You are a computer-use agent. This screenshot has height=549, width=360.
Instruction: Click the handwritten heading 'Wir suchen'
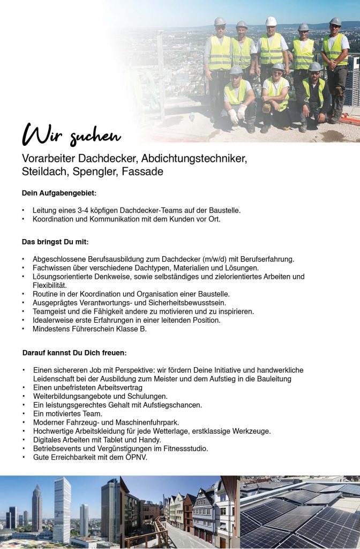point(71,135)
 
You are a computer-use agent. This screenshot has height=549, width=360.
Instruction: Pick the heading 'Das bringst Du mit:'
point(55,242)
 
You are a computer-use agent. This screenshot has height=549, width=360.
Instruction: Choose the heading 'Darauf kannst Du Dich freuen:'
point(74,353)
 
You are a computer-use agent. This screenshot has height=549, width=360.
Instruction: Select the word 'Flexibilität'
point(50,285)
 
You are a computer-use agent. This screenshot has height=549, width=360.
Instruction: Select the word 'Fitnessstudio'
point(185,448)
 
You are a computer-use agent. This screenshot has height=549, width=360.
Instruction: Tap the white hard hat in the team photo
point(271,21)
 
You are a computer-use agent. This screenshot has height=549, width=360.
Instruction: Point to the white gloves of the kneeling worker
point(236,113)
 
